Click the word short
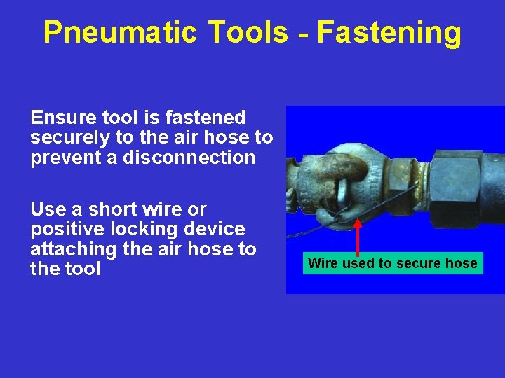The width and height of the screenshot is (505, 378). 117,209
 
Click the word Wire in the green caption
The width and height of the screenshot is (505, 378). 322,264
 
